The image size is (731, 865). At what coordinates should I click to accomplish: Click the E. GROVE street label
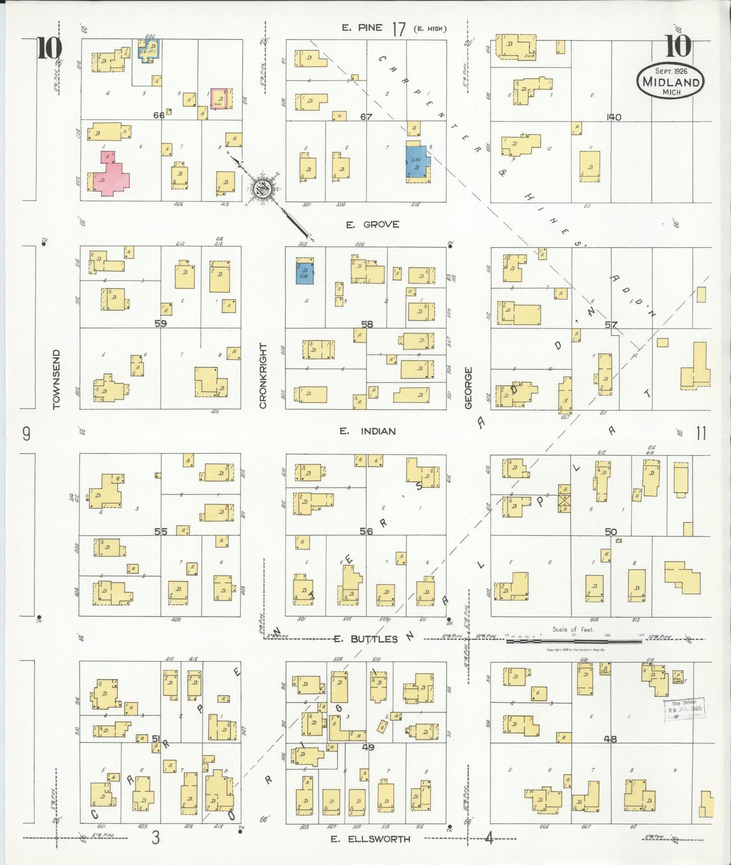pos(373,224)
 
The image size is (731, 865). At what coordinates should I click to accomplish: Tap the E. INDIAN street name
pos(367,431)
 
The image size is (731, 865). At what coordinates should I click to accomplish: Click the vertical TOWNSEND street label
pos(56,380)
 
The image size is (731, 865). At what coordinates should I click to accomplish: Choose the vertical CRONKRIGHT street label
pos(263,376)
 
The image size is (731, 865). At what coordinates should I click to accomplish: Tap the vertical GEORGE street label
pos(469,388)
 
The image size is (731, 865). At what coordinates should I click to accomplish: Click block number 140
pos(613,117)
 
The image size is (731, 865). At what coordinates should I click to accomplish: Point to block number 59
pos(161,323)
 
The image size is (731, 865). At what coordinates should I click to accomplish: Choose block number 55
pos(161,531)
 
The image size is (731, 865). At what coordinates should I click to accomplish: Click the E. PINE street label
pos(362,28)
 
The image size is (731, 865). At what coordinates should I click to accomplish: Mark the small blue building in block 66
pos(150,50)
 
